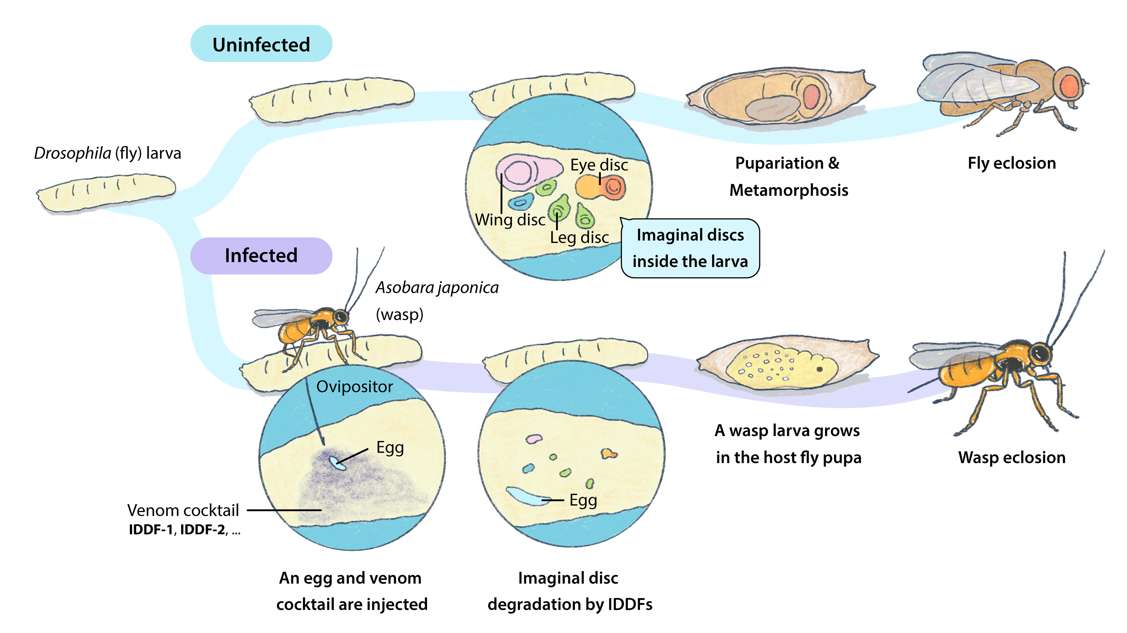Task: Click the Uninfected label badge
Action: point(261,44)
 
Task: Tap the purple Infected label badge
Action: point(261,256)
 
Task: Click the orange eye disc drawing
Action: point(600,187)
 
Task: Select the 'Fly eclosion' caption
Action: point(1011,163)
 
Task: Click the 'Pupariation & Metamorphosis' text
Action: point(788,176)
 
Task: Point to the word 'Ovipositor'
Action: point(354,386)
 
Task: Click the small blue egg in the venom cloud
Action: point(337,463)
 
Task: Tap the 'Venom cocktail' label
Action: point(183,510)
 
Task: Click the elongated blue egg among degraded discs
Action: point(527,496)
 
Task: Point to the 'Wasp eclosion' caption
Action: point(1011,457)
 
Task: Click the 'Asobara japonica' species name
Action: point(437,288)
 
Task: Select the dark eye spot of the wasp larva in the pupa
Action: point(819,369)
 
